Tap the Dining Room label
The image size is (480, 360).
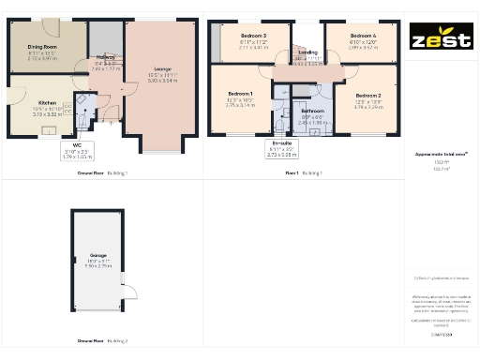pos(42,46)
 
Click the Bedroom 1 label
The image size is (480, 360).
pos(240,94)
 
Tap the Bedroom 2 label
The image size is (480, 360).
pos(367,96)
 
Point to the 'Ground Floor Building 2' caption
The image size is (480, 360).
pos(102,341)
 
